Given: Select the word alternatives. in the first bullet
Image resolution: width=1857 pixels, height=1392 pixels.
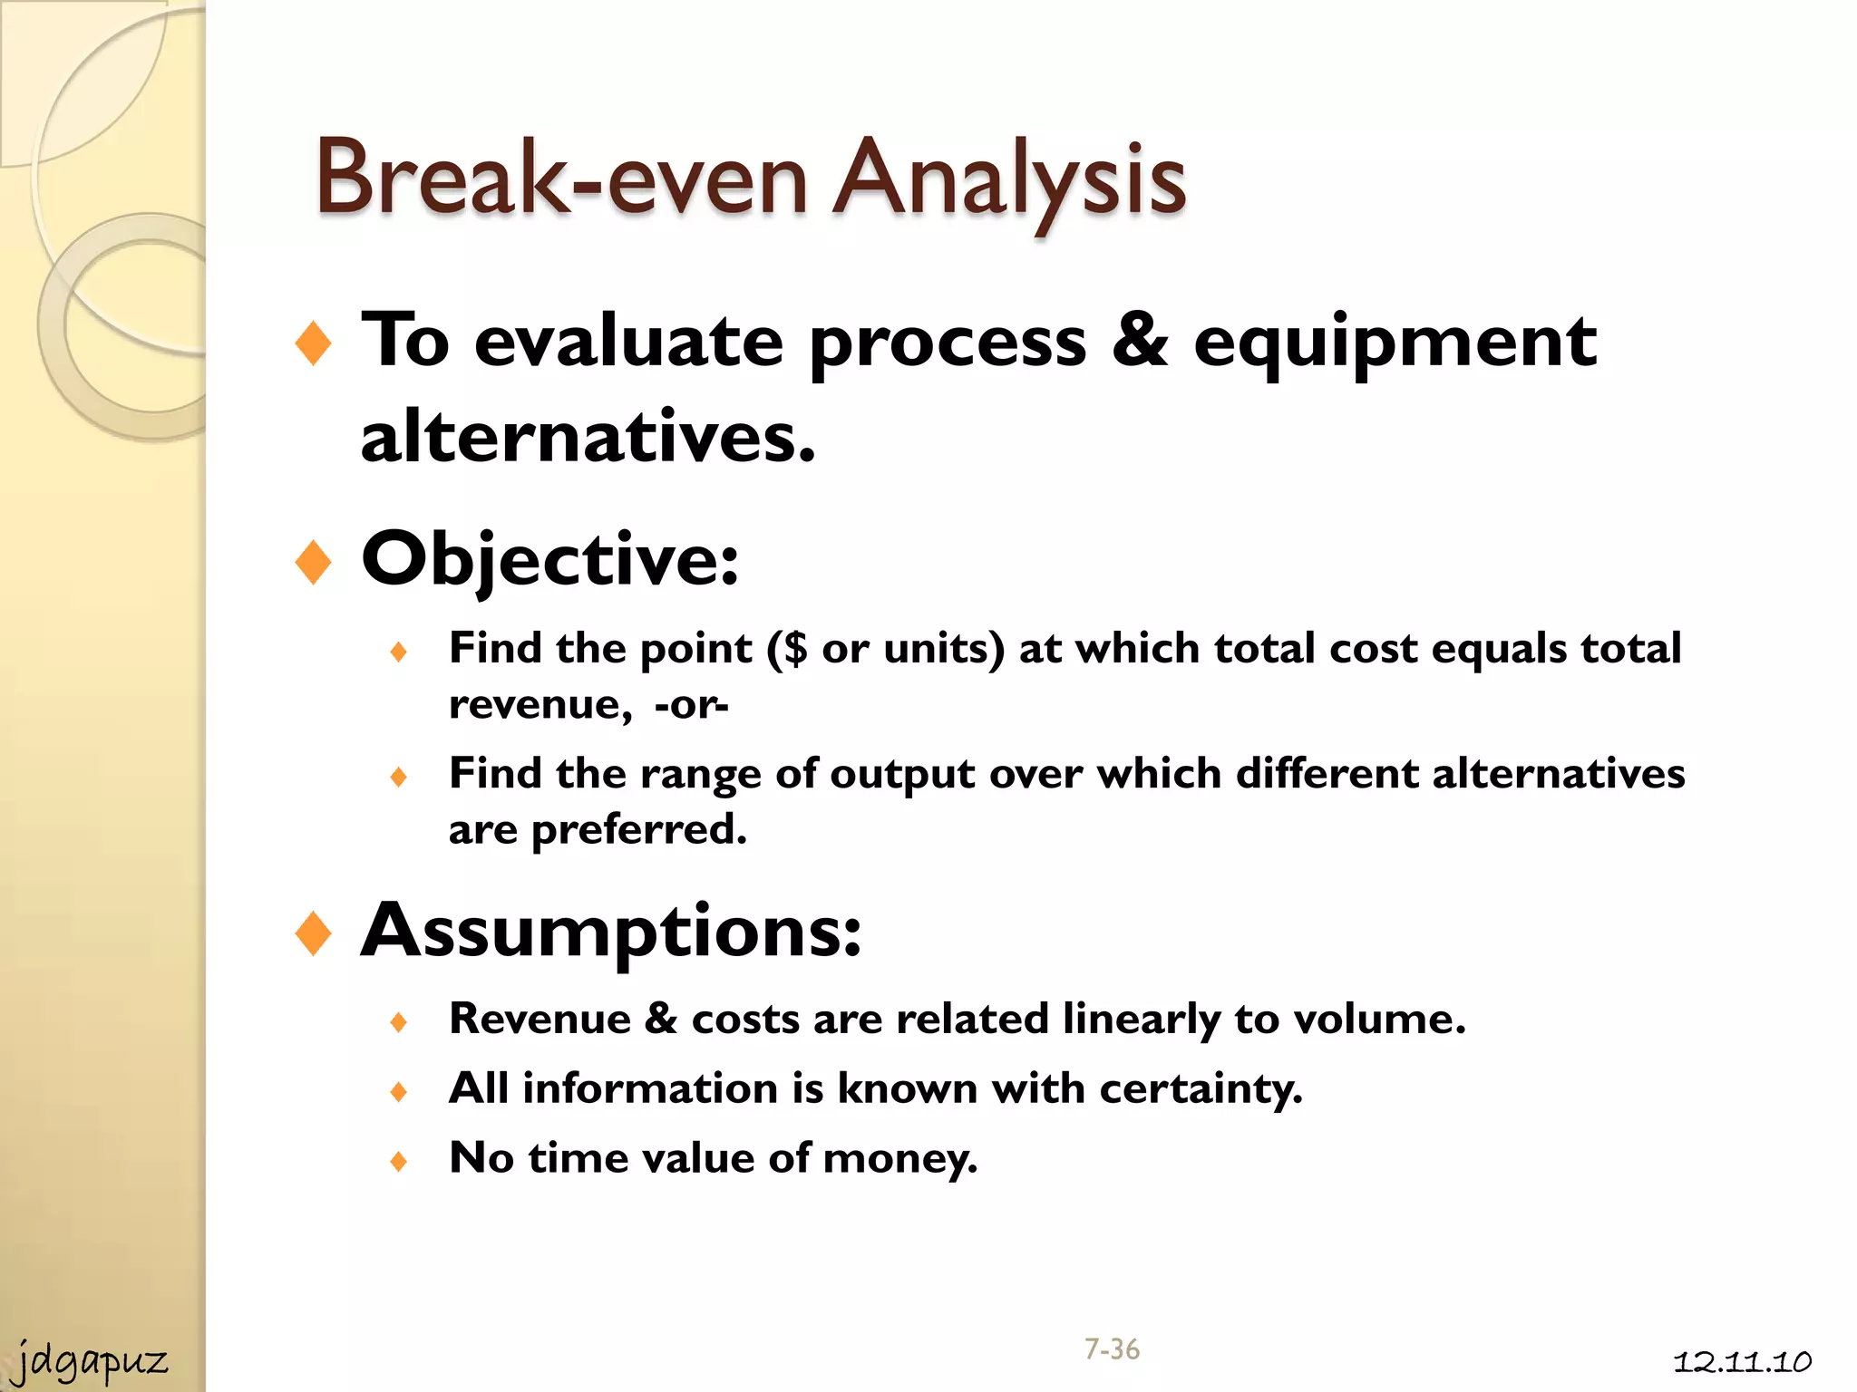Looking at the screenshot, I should coord(588,437).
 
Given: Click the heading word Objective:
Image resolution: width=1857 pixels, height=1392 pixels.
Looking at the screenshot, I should coord(549,559).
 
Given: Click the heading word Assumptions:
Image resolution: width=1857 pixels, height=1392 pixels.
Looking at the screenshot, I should coord(610,931).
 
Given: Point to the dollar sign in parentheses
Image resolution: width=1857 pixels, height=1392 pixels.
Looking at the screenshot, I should coord(795,648).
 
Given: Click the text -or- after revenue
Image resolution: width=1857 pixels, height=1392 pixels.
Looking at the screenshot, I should coord(691,704).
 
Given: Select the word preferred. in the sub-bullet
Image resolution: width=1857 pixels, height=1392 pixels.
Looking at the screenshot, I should coord(638,829).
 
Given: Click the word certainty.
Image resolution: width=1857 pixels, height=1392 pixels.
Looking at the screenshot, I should coord(1201,1088).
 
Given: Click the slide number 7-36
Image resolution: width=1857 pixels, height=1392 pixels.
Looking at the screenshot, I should coord(1112,1349).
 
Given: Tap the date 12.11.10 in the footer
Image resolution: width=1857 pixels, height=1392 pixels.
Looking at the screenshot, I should coord(1742,1361).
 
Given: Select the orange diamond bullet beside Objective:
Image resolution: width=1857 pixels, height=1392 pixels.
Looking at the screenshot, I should coord(313,562).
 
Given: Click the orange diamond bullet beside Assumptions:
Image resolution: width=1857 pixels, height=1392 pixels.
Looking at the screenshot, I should coord(313,933).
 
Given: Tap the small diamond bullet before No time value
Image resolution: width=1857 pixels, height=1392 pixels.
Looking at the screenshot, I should coord(398,1161).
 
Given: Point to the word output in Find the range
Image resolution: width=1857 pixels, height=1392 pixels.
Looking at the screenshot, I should coord(902,774).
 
